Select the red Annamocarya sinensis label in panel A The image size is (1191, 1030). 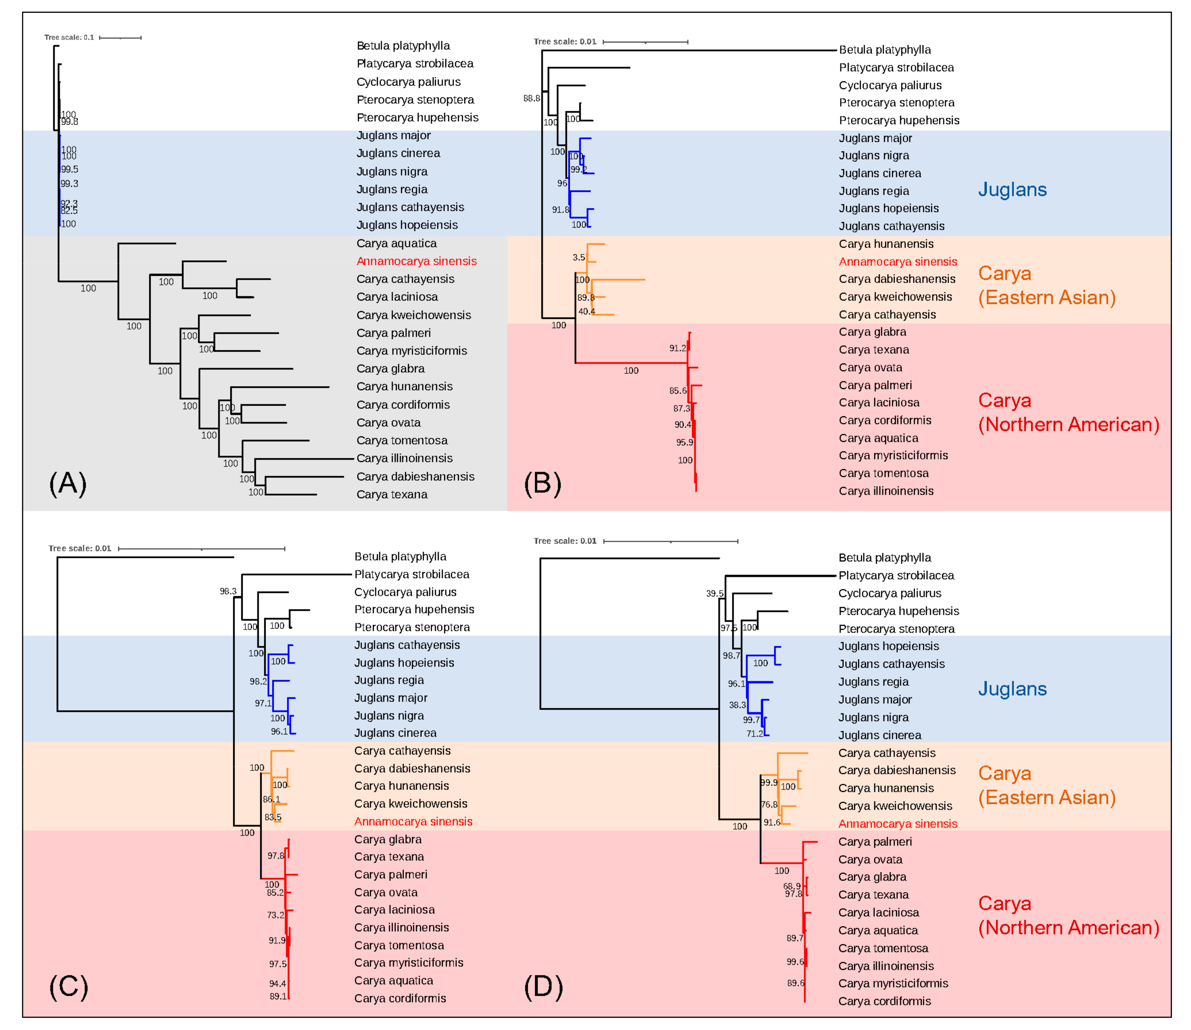pos(416,261)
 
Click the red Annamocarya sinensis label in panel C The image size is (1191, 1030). pos(413,822)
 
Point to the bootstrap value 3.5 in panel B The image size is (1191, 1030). pos(579,257)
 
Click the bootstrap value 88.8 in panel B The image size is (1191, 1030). pos(532,98)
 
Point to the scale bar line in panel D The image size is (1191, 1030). pos(671,541)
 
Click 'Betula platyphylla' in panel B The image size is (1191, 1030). pos(885,50)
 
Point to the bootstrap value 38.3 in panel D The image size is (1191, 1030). pos(737,705)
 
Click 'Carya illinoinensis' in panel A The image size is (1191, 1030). pos(405,458)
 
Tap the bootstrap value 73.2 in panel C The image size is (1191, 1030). pos(275,915)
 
